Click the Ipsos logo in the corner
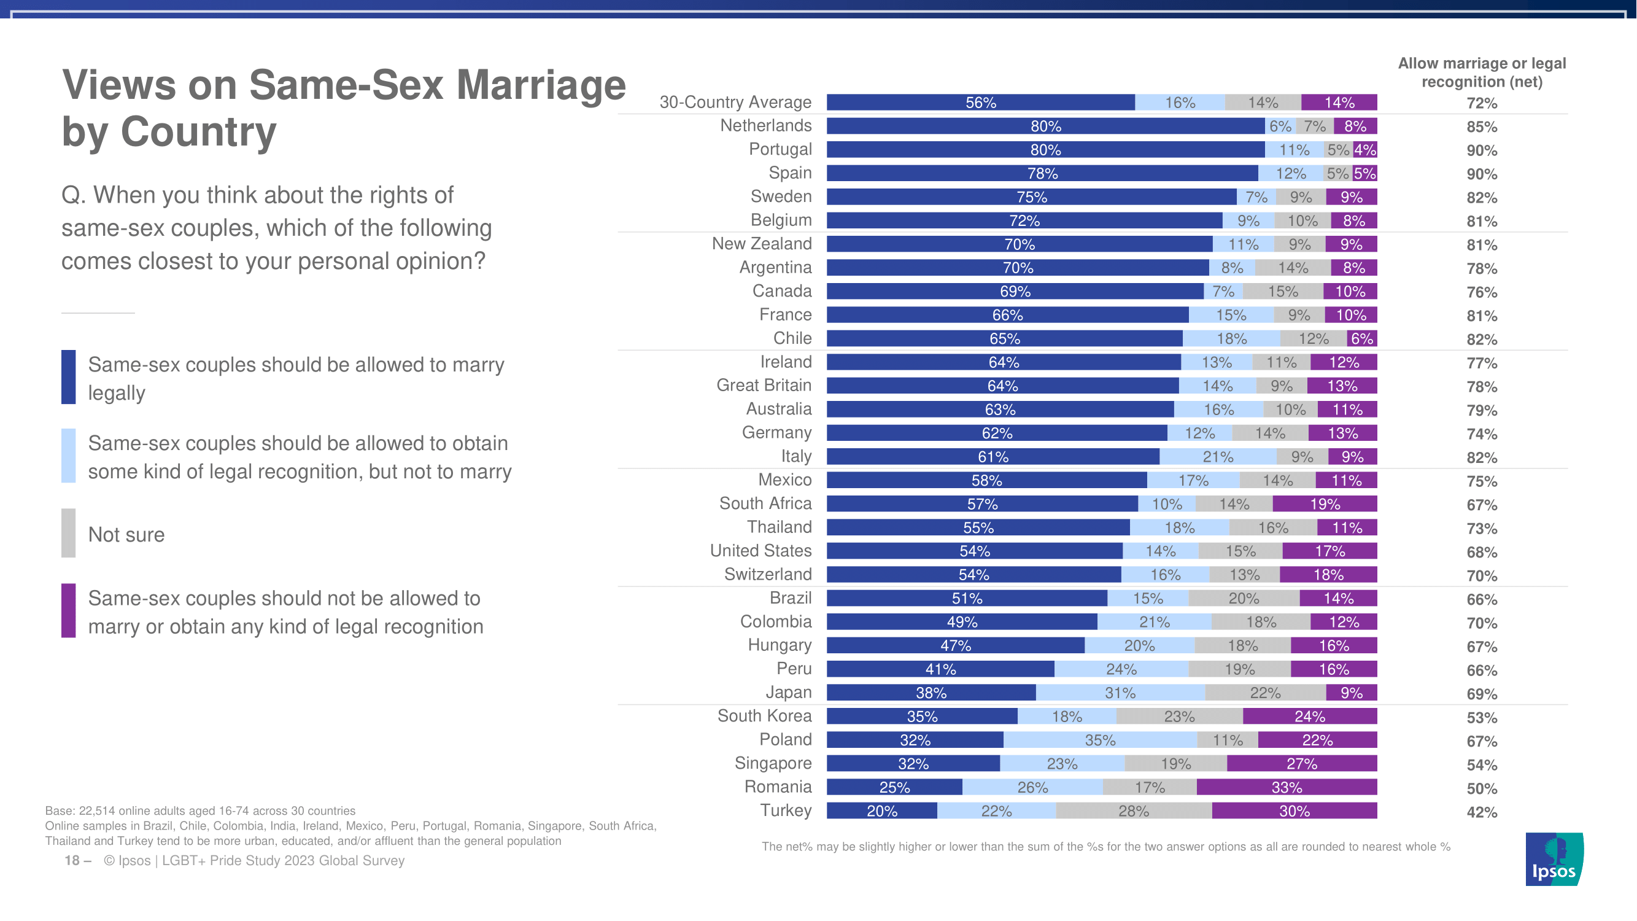tap(1554, 859)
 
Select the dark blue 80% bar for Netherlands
tap(1045, 126)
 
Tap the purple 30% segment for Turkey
tap(1294, 811)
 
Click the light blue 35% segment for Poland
tap(1100, 740)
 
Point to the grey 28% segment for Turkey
tap(1134, 811)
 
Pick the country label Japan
tap(788, 692)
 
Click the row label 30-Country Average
tap(735, 102)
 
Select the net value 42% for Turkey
tap(1481, 812)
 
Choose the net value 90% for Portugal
tap(1481, 150)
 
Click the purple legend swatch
tap(69, 610)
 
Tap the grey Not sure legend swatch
tap(69, 532)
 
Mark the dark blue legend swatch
tap(69, 377)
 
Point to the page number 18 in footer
tap(72, 861)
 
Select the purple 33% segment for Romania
tap(1287, 788)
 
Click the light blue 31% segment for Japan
tap(1120, 693)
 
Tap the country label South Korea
tap(764, 716)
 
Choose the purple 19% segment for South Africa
tap(1325, 504)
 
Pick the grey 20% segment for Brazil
tap(1243, 598)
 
